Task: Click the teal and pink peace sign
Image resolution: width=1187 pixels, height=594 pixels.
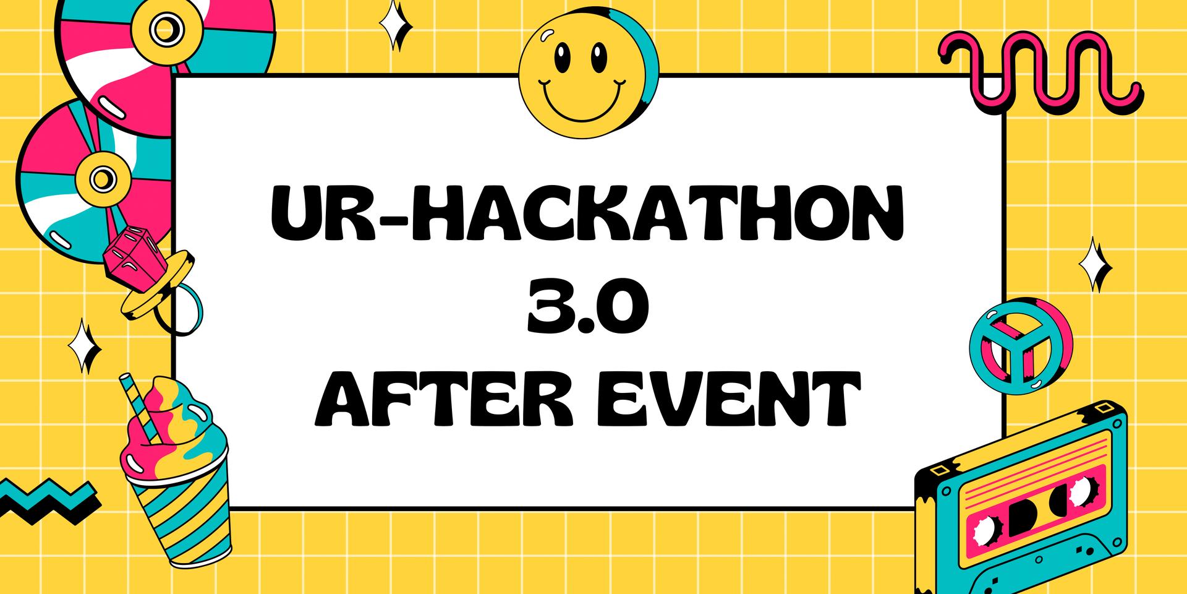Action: (1021, 345)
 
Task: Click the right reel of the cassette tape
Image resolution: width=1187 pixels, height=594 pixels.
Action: (1079, 493)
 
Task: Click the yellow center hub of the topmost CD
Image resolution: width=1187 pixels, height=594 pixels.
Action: (164, 29)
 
